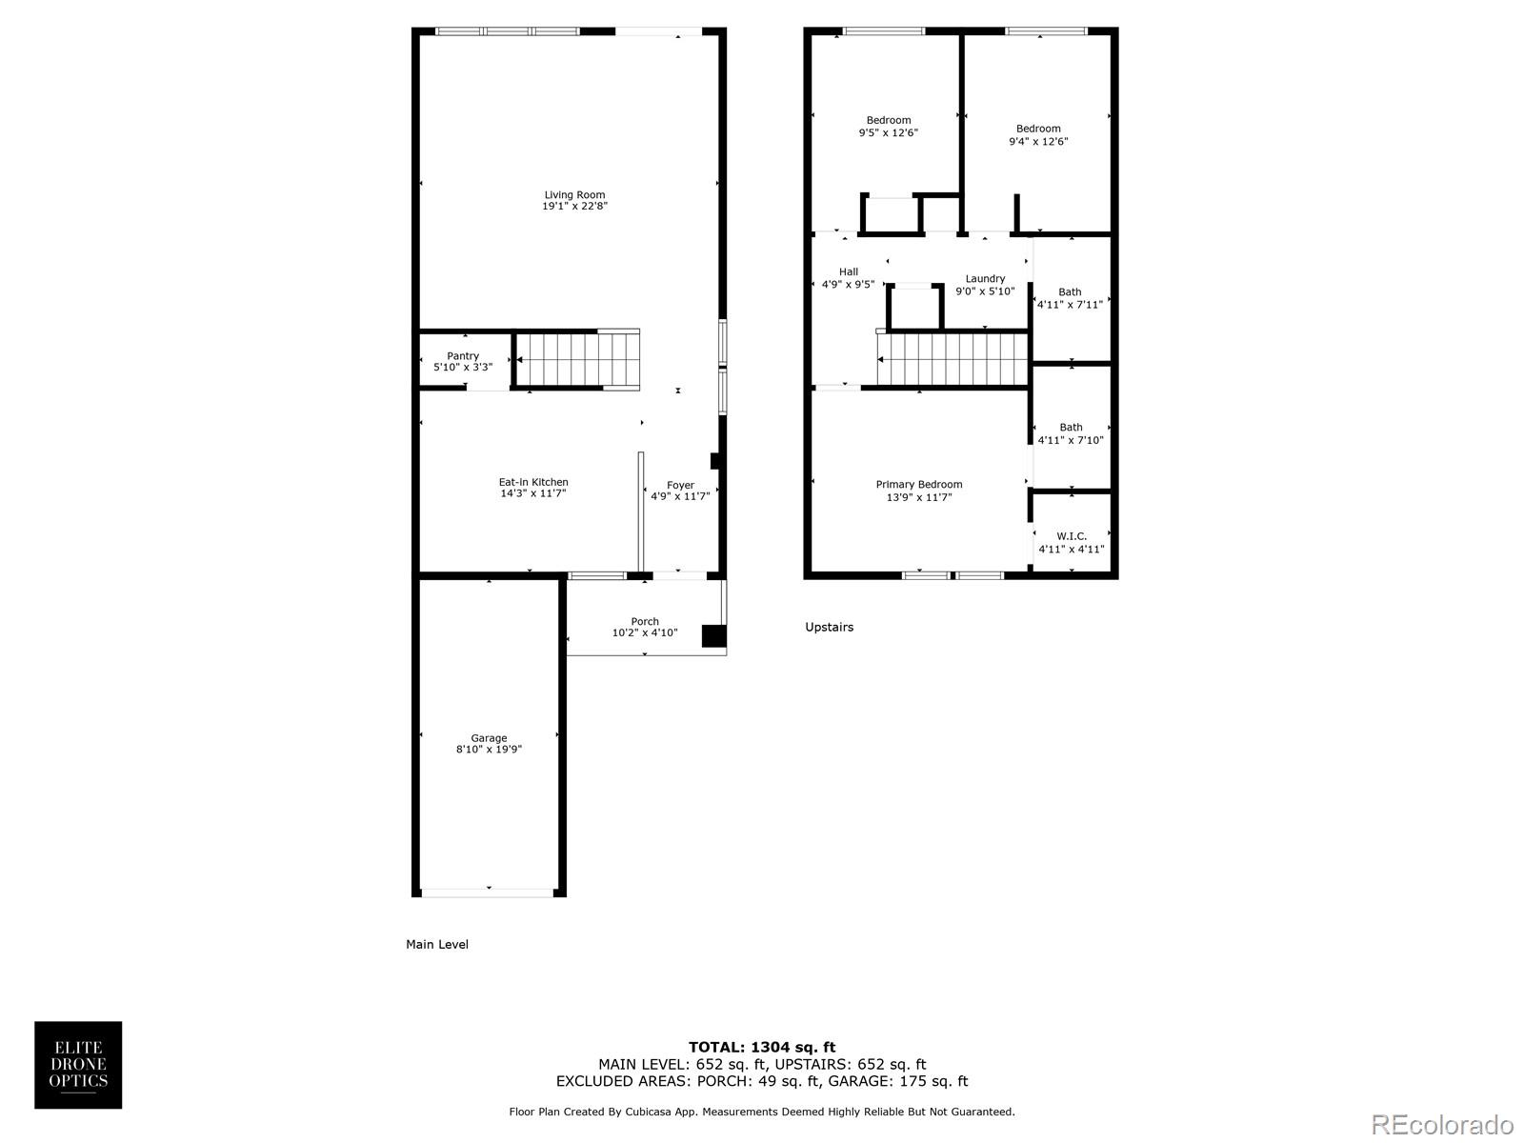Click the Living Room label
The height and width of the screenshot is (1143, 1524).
click(x=574, y=195)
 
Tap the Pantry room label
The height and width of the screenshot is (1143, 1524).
click(x=463, y=356)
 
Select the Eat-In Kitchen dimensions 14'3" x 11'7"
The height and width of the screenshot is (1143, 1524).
click(x=533, y=494)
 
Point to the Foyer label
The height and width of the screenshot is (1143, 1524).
click(x=680, y=486)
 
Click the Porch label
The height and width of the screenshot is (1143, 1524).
click(x=645, y=622)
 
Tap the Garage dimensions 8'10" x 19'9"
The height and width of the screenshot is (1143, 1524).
click(x=489, y=751)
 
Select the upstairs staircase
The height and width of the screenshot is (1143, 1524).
click(x=952, y=358)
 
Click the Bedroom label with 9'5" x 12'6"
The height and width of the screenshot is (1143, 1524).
click(x=888, y=121)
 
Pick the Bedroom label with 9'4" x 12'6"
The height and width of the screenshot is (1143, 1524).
click(x=1038, y=130)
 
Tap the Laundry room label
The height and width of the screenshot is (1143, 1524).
click(x=985, y=279)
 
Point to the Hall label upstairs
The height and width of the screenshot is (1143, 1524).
click(x=849, y=272)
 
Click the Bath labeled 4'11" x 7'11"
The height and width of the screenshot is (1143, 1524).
click(x=1070, y=292)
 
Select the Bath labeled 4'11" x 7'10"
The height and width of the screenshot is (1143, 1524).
click(x=1071, y=428)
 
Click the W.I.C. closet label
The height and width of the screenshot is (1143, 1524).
click(x=1072, y=536)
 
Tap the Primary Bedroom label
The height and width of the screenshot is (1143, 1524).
click(x=919, y=485)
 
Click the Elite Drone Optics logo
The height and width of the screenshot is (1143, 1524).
click(x=78, y=1065)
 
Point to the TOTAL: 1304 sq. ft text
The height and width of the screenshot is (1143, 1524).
click(x=762, y=1047)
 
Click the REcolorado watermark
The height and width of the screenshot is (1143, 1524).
click(x=1441, y=1125)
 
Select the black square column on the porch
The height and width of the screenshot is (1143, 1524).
click(x=713, y=636)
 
